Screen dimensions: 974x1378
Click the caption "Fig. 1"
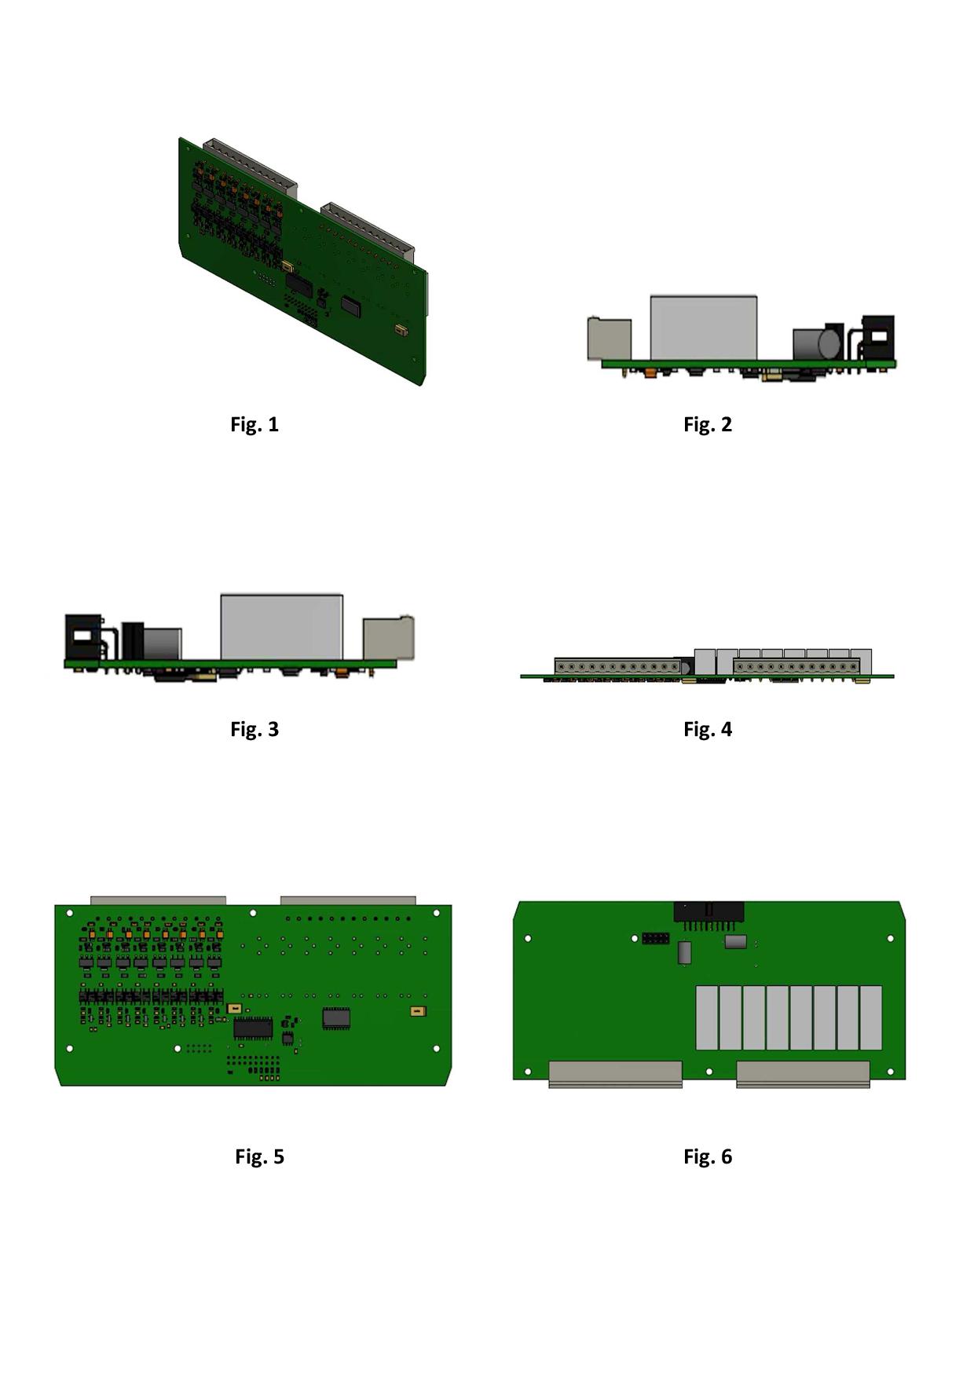[x=254, y=424]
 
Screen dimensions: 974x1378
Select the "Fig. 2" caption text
[x=708, y=424]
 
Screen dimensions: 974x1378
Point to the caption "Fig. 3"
[x=254, y=729]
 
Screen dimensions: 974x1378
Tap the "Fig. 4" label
[x=708, y=729]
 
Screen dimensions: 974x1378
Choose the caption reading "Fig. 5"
[x=259, y=1156]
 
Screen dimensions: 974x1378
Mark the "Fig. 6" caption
[x=708, y=1156]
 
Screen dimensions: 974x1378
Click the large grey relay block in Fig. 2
[x=704, y=328]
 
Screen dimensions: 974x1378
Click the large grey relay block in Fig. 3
[x=282, y=627]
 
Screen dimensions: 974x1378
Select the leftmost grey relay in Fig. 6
[x=707, y=1018]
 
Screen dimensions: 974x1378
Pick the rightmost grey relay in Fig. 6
[x=871, y=1018]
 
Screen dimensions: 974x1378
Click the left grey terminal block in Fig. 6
[x=616, y=1074]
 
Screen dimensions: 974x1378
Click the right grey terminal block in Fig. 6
[x=803, y=1074]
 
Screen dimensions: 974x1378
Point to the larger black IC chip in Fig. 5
[x=253, y=1028]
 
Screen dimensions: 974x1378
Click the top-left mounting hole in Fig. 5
[x=70, y=913]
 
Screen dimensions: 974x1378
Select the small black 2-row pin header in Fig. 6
[x=655, y=938]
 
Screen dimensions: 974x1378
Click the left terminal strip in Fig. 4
[x=617, y=667]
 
